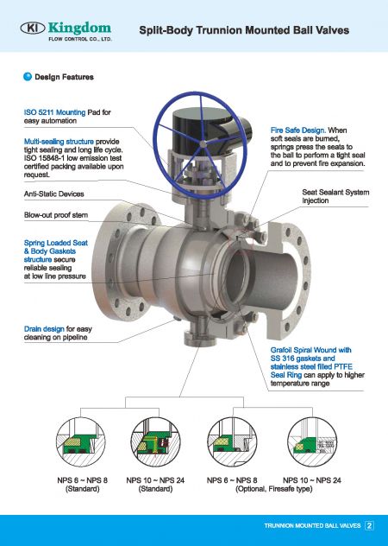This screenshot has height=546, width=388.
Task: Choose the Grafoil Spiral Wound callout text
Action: coord(306,350)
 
